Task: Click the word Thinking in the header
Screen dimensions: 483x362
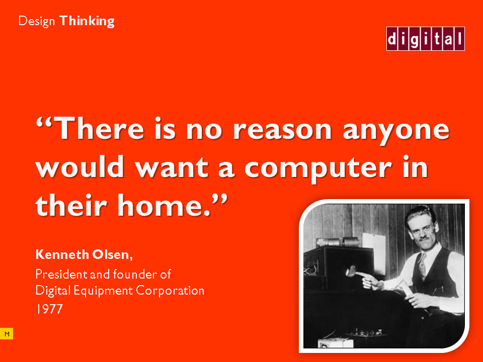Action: coord(87,22)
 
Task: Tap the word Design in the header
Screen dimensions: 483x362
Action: coord(37,22)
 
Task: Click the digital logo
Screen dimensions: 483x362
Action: coord(426,39)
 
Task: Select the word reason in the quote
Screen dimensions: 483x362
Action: coord(282,129)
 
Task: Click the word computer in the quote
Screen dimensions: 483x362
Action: coord(318,169)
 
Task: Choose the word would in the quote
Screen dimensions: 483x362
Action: coord(80,166)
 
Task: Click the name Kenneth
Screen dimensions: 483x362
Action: coord(62,254)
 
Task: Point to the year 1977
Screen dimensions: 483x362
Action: coord(49,309)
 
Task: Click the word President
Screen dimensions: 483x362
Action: coord(61,274)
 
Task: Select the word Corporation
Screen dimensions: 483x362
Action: coord(170,291)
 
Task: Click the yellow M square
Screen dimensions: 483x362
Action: coord(7,334)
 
